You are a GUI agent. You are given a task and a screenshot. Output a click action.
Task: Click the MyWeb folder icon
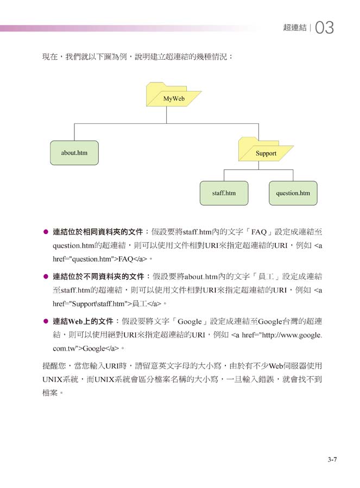point(173,94)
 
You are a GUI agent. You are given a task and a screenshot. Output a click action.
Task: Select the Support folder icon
point(266,149)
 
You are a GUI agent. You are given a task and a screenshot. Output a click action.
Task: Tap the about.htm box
point(74,153)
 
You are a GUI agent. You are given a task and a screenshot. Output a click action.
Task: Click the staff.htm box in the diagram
point(224,193)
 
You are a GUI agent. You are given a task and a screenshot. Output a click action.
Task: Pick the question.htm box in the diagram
point(293,193)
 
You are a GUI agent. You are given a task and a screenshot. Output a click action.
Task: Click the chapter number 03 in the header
point(325,27)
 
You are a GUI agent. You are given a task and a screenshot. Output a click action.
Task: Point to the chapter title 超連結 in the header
point(295,27)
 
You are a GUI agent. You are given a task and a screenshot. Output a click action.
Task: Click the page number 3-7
point(332,459)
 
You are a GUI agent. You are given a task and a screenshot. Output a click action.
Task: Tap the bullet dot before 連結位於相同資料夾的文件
point(46,232)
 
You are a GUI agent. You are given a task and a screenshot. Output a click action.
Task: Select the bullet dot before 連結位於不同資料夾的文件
point(46,276)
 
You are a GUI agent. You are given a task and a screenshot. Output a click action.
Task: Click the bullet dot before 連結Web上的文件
point(46,321)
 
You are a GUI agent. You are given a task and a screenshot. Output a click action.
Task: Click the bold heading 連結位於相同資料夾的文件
point(98,232)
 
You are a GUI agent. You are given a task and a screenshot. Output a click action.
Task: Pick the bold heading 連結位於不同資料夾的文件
point(98,276)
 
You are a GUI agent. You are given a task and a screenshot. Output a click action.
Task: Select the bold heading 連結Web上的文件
point(83,321)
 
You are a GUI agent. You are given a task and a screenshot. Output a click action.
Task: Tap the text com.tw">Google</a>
point(86,348)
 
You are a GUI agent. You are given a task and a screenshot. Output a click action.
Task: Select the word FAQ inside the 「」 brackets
point(259,232)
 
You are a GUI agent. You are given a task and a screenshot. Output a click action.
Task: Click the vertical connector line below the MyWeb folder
point(166,115)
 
